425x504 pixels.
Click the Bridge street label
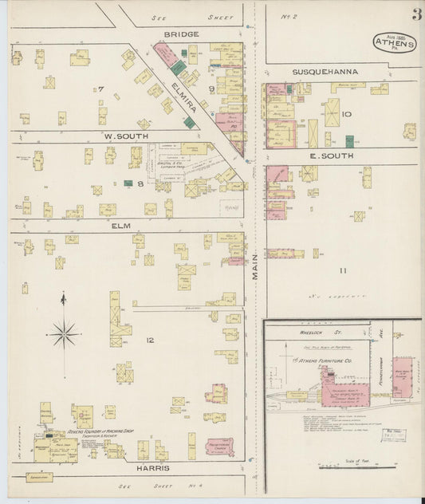click(x=181, y=34)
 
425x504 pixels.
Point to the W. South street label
click(x=122, y=136)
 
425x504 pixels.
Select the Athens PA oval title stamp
click(x=394, y=42)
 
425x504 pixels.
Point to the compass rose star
click(x=64, y=333)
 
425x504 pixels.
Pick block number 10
click(x=346, y=114)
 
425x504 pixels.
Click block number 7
click(x=100, y=89)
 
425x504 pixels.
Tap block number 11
click(x=342, y=271)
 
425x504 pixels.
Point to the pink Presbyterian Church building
click(x=219, y=447)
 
